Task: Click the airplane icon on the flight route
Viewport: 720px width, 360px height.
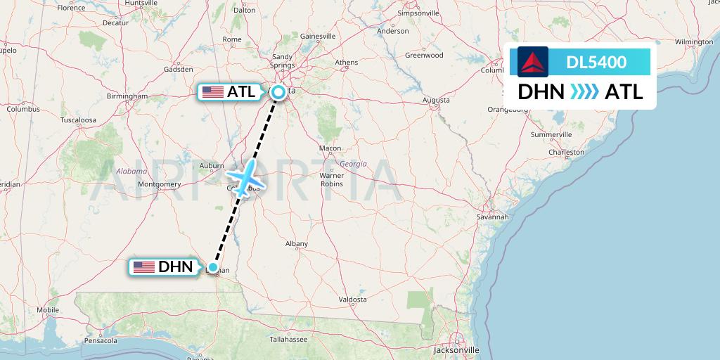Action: [x=244, y=177]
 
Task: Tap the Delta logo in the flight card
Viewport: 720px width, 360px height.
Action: [x=533, y=62]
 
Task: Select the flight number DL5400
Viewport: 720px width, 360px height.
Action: [x=596, y=63]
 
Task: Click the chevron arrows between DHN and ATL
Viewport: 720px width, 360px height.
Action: [x=584, y=92]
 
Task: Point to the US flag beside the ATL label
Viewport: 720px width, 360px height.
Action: [x=212, y=92]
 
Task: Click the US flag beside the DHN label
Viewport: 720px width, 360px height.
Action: [x=144, y=267]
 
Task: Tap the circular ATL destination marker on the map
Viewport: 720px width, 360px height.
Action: [x=279, y=91]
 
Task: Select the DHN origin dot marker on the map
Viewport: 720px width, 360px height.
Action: [x=212, y=267]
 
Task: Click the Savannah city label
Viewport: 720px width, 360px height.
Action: [x=492, y=217]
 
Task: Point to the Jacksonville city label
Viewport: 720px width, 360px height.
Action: [x=457, y=349]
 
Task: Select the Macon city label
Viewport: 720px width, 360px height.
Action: [x=330, y=148]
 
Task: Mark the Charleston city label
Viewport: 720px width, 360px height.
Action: [x=567, y=152]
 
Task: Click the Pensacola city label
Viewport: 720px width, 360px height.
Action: [x=100, y=340]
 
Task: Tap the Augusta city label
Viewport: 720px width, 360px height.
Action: [x=436, y=100]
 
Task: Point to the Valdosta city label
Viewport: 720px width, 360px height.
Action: [x=352, y=299]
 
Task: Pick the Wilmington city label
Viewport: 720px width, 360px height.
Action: [x=693, y=42]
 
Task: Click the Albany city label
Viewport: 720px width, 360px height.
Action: [x=297, y=244]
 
